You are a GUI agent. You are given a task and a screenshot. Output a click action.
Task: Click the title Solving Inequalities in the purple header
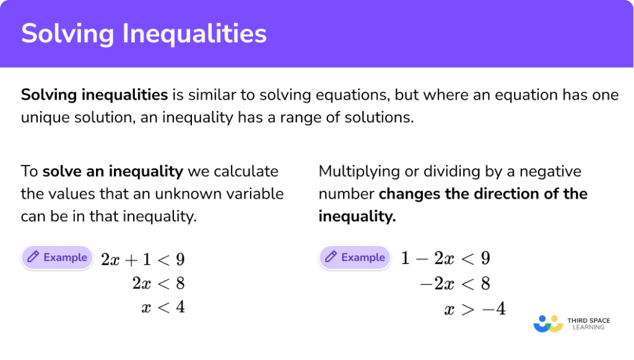144,33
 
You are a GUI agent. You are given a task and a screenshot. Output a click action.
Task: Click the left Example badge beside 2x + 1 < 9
57,258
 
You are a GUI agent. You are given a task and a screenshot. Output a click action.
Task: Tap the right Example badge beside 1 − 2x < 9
355,257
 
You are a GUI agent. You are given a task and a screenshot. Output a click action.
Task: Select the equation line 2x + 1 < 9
143,260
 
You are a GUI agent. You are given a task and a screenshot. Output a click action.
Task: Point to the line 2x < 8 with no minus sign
158,284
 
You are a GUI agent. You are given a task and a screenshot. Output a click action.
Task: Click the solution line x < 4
163,307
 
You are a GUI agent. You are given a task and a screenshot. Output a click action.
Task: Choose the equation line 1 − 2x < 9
445,258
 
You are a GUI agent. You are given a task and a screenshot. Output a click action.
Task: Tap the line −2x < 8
455,284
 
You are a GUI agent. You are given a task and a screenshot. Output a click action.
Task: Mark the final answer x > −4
474,309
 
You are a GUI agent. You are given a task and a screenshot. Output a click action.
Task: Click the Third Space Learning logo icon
548,323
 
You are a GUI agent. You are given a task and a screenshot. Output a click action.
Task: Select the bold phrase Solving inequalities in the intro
94,95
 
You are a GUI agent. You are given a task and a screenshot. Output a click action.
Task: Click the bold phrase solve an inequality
113,171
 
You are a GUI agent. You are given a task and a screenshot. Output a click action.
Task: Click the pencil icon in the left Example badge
33,257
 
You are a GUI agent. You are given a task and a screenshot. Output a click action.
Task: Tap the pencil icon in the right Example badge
331,257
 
